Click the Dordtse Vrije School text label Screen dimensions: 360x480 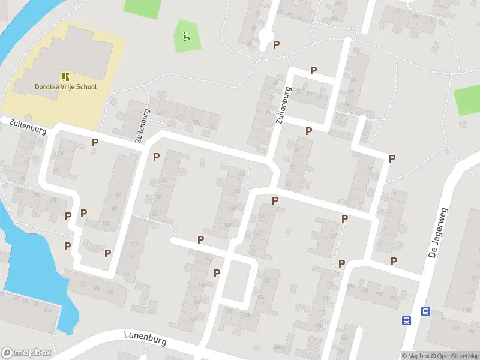click(x=66, y=87)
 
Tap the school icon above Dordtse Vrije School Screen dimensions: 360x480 click(x=65, y=77)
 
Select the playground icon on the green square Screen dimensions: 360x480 click(x=187, y=36)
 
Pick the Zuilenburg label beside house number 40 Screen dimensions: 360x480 click(x=284, y=106)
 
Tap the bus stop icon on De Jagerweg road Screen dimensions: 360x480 click(x=425, y=311)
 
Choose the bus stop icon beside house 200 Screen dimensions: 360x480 click(x=406, y=320)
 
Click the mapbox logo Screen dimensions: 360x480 click(x=26, y=353)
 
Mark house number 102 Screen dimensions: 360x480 click(x=82, y=285)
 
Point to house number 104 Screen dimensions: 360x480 click(x=96, y=289)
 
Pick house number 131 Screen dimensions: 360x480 click(x=455, y=328)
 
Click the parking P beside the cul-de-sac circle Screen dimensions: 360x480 click(x=276, y=44)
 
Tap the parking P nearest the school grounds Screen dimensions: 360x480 click(x=95, y=142)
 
